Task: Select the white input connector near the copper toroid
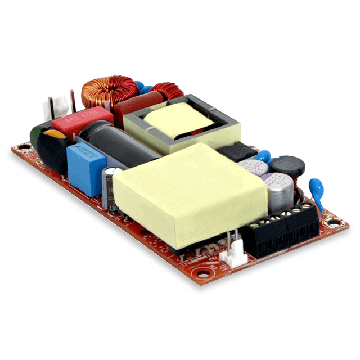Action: coord(56,105)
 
